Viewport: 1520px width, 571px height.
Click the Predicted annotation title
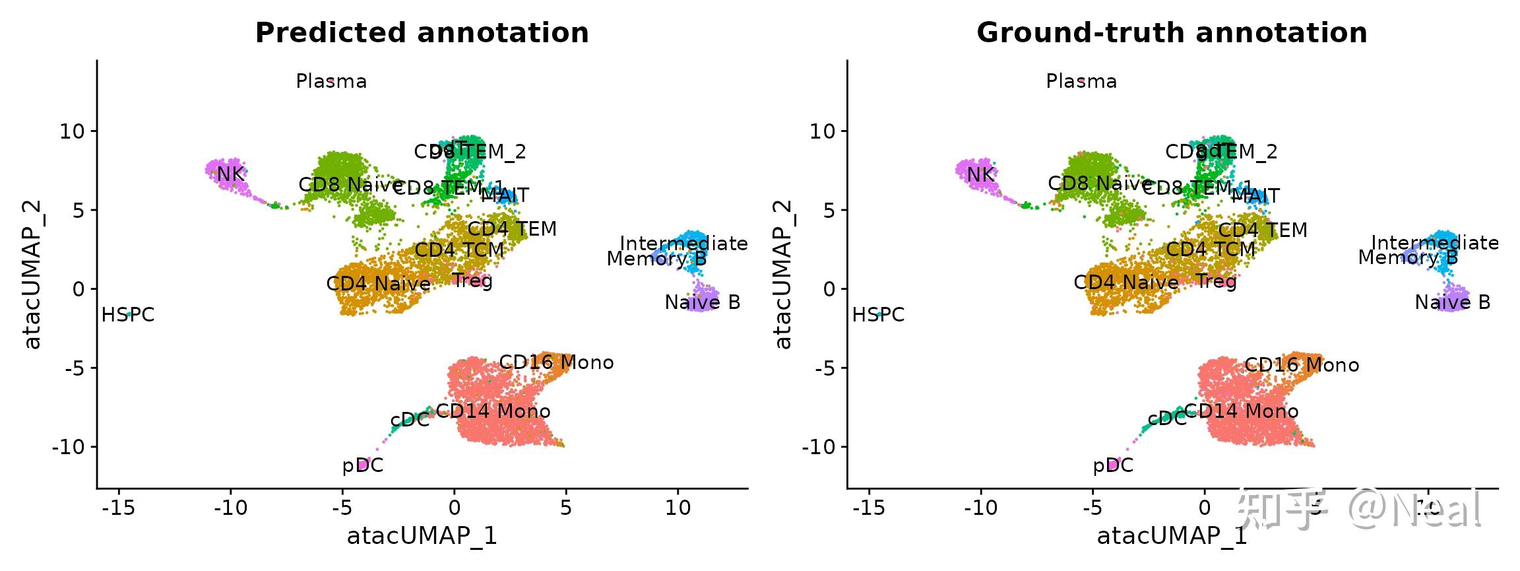(422, 33)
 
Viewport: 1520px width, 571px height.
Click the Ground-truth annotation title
(1172, 33)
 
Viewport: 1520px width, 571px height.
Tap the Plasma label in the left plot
(331, 81)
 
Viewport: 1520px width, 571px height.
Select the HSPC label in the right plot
(878, 315)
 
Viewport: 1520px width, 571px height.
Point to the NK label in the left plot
(230, 174)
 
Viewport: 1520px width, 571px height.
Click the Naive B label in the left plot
(702, 302)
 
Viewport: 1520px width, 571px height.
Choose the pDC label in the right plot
(1112, 466)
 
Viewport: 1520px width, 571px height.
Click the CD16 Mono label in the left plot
(556, 362)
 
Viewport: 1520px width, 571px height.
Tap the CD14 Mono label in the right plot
(1241, 412)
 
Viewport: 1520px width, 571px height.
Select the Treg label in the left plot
(472, 281)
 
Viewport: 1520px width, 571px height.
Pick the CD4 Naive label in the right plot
(1125, 283)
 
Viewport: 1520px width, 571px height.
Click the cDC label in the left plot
(410, 420)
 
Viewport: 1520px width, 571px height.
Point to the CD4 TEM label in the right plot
(1262, 230)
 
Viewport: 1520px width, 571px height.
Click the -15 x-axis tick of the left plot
(119, 508)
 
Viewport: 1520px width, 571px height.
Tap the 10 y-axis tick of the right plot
(823, 131)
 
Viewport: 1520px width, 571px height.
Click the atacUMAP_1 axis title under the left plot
(422, 535)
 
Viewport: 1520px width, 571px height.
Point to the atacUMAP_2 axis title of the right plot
(782, 274)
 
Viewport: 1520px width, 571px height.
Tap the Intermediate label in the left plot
(683, 244)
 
